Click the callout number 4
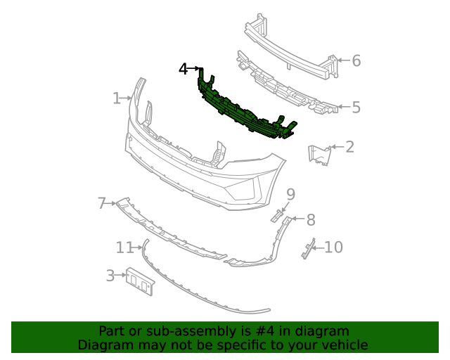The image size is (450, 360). tap(184, 69)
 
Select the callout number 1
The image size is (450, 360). tap(117, 98)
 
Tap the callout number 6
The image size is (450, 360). tap(356, 61)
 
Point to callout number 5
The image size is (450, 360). tap(356, 108)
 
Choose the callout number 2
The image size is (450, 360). tap(349, 147)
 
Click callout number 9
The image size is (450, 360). tap(290, 194)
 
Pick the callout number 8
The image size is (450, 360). tap(310, 220)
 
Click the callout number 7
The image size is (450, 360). tap(102, 204)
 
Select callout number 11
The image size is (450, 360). tap(124, 247)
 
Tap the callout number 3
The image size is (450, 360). tap(110, 276)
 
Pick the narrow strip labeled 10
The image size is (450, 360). tap(307, 248)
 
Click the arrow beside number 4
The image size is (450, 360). tap(195, 69)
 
